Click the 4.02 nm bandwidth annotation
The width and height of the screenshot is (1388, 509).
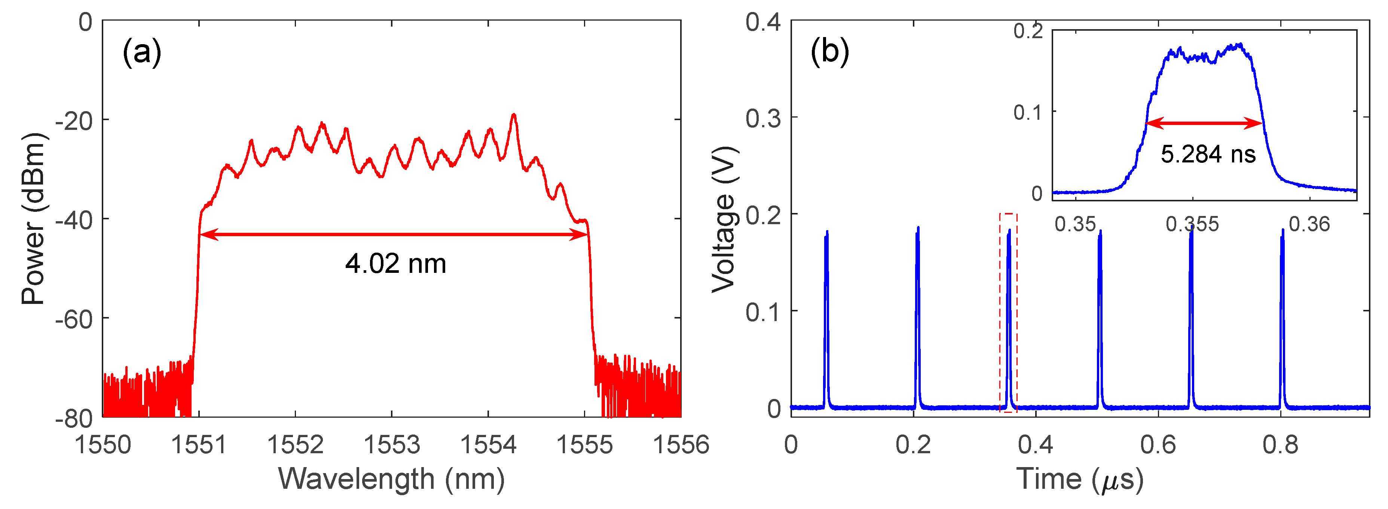tap(395, 263)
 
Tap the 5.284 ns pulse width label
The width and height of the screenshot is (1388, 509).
tap(1208, 154)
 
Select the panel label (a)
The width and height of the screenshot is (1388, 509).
tap(142, 52)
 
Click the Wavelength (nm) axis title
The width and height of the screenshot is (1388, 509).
tap(391, 478)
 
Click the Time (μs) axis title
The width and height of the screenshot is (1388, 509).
tap(1079, 479)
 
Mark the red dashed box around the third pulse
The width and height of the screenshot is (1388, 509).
tap(1008, 313)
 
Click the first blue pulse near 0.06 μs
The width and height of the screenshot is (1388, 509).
tap(826, 318)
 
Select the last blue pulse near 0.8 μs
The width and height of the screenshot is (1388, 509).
tap(1282, 318)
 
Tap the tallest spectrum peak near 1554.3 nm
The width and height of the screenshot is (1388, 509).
tap(514, 115)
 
